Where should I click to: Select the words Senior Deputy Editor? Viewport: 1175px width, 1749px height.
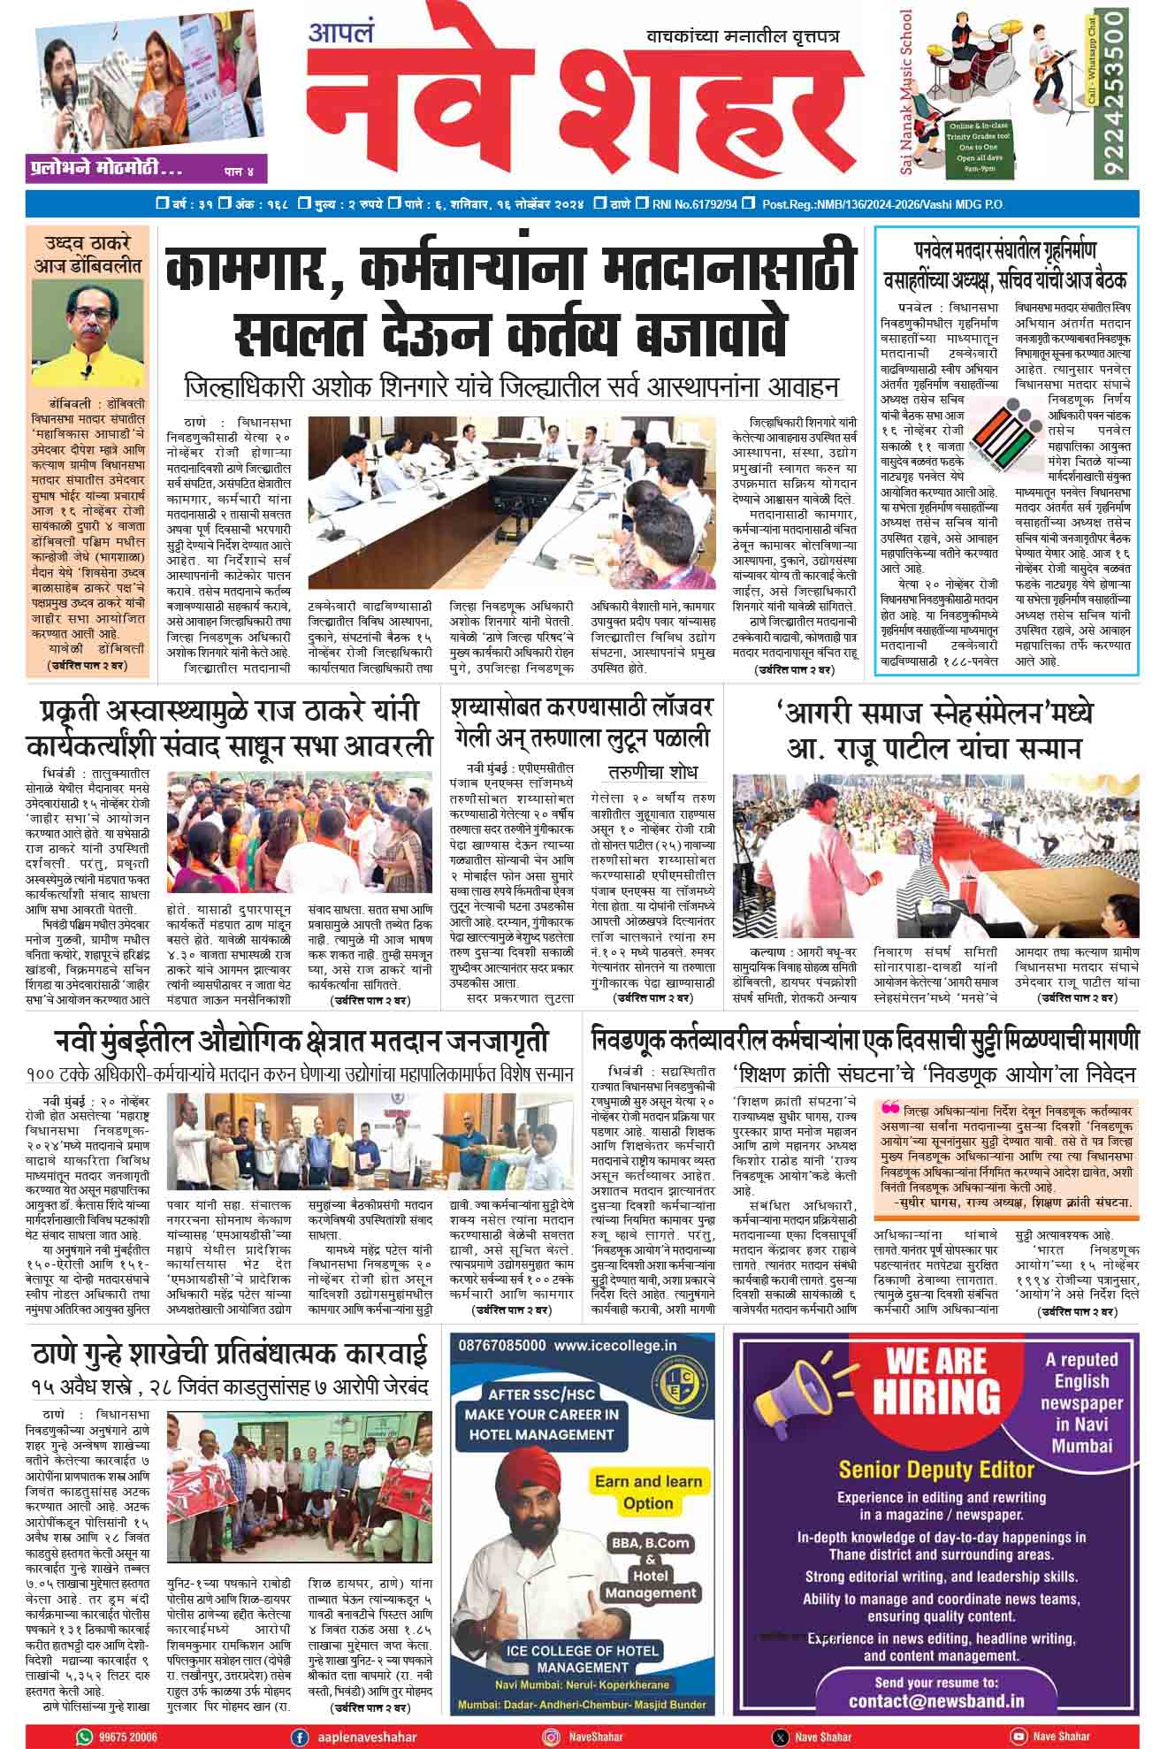click(x=935, y=1470)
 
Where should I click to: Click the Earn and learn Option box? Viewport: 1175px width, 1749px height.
click(x=648, y=1492)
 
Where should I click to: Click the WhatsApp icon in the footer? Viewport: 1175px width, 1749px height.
click(x=85, y=1738)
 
